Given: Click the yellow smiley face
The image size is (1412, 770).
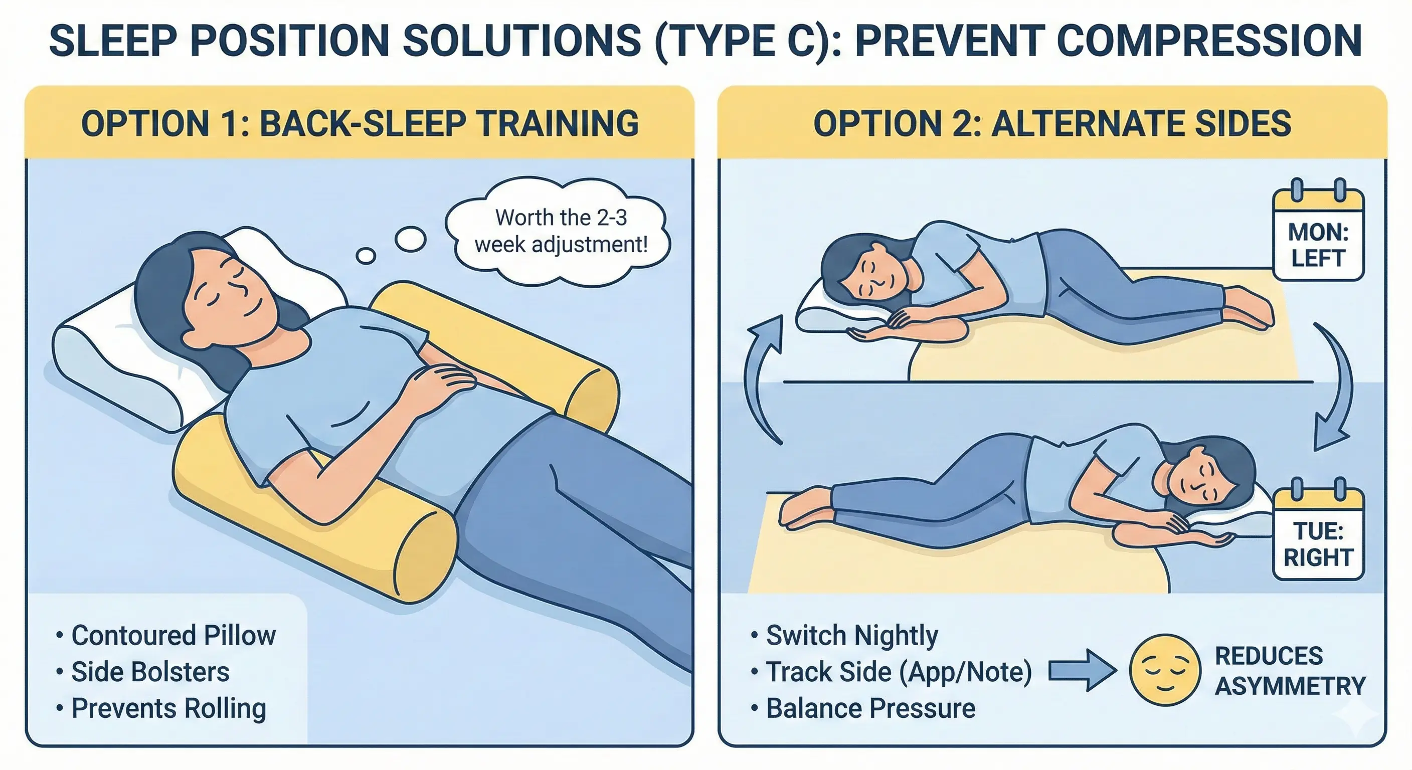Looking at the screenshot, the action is point(1165,670).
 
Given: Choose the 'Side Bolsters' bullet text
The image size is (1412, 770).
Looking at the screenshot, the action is point(150,672).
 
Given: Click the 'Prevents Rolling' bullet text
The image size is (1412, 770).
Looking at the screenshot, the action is point(169,708).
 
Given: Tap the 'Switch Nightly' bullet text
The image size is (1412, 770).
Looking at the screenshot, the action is point(852,636).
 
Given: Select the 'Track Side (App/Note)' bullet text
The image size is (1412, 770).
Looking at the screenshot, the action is point(899,672).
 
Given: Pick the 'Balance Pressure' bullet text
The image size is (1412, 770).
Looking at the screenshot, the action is point(870,708).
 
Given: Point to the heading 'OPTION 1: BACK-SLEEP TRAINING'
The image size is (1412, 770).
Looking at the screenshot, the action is point(360,123).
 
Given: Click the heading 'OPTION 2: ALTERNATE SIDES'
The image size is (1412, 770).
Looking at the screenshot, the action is point(1052,123).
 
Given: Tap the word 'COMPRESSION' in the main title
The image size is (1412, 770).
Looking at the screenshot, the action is point(1209,40).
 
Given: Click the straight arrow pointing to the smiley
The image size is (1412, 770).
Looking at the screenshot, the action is point(1082,670).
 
